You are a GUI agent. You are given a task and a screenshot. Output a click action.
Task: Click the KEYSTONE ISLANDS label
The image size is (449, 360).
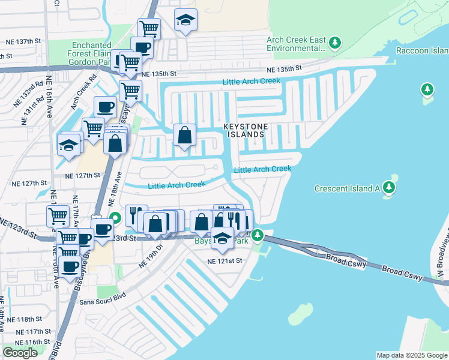tap(244, 131)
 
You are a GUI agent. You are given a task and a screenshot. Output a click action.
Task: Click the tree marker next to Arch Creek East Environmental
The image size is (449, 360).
tap(335, 43)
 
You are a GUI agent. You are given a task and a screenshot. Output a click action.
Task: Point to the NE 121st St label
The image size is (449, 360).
tap(224, 261)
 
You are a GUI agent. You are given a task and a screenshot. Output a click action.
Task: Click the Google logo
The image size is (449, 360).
tap(20, 352)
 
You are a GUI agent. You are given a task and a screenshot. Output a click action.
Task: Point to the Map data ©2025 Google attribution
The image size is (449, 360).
tap(412, 355)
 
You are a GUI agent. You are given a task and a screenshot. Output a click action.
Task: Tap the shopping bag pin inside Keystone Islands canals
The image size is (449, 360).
tap(185, 135)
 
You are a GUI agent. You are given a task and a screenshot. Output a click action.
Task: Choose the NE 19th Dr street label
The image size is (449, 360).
tap(151, 254)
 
